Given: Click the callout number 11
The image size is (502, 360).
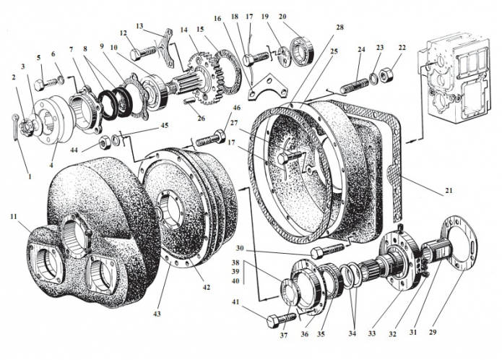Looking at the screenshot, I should [x=13, y=216].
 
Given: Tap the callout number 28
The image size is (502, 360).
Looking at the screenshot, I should [x=339, y=27].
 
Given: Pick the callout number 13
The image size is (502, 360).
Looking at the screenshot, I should [x=139, y=25].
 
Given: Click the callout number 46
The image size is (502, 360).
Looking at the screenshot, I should [x=235, y=108].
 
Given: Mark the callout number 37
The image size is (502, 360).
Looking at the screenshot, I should [x=283, y=335].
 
